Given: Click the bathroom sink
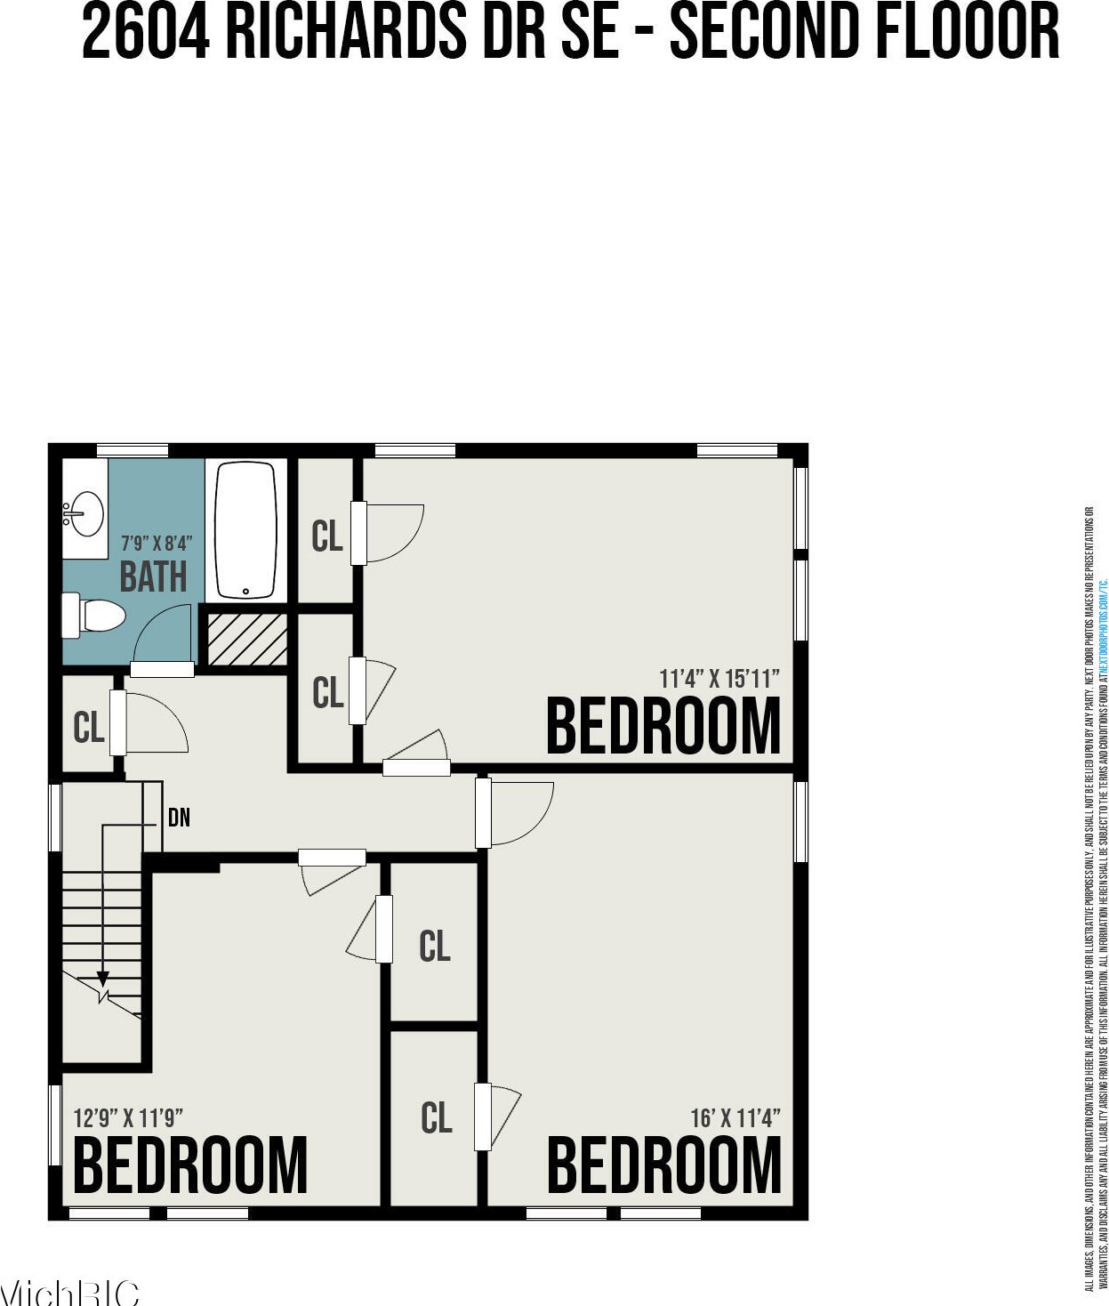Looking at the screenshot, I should tap(85, 513).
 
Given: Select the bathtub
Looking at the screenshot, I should tap(247, 530).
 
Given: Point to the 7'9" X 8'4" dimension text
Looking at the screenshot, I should tap(157, 543).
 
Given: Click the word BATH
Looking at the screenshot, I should tap(154, 576).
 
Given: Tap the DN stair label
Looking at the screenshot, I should tap(179, 817).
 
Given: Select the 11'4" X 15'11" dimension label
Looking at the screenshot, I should tap(719, 679).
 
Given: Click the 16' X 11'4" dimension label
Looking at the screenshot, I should tap(735, 1117).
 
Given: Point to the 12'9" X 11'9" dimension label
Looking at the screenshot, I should tap(128, 1117).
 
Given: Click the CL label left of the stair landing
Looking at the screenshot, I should tap(89, 728).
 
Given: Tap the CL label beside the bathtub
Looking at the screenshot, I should tap(327, 536).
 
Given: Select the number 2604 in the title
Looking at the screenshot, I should tap(146, 31).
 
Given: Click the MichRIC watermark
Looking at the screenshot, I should tap(69, 1293).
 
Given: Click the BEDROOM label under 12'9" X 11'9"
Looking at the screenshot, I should tap(190, 1165).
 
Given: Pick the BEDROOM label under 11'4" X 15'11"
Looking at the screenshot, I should tap(663, 726).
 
